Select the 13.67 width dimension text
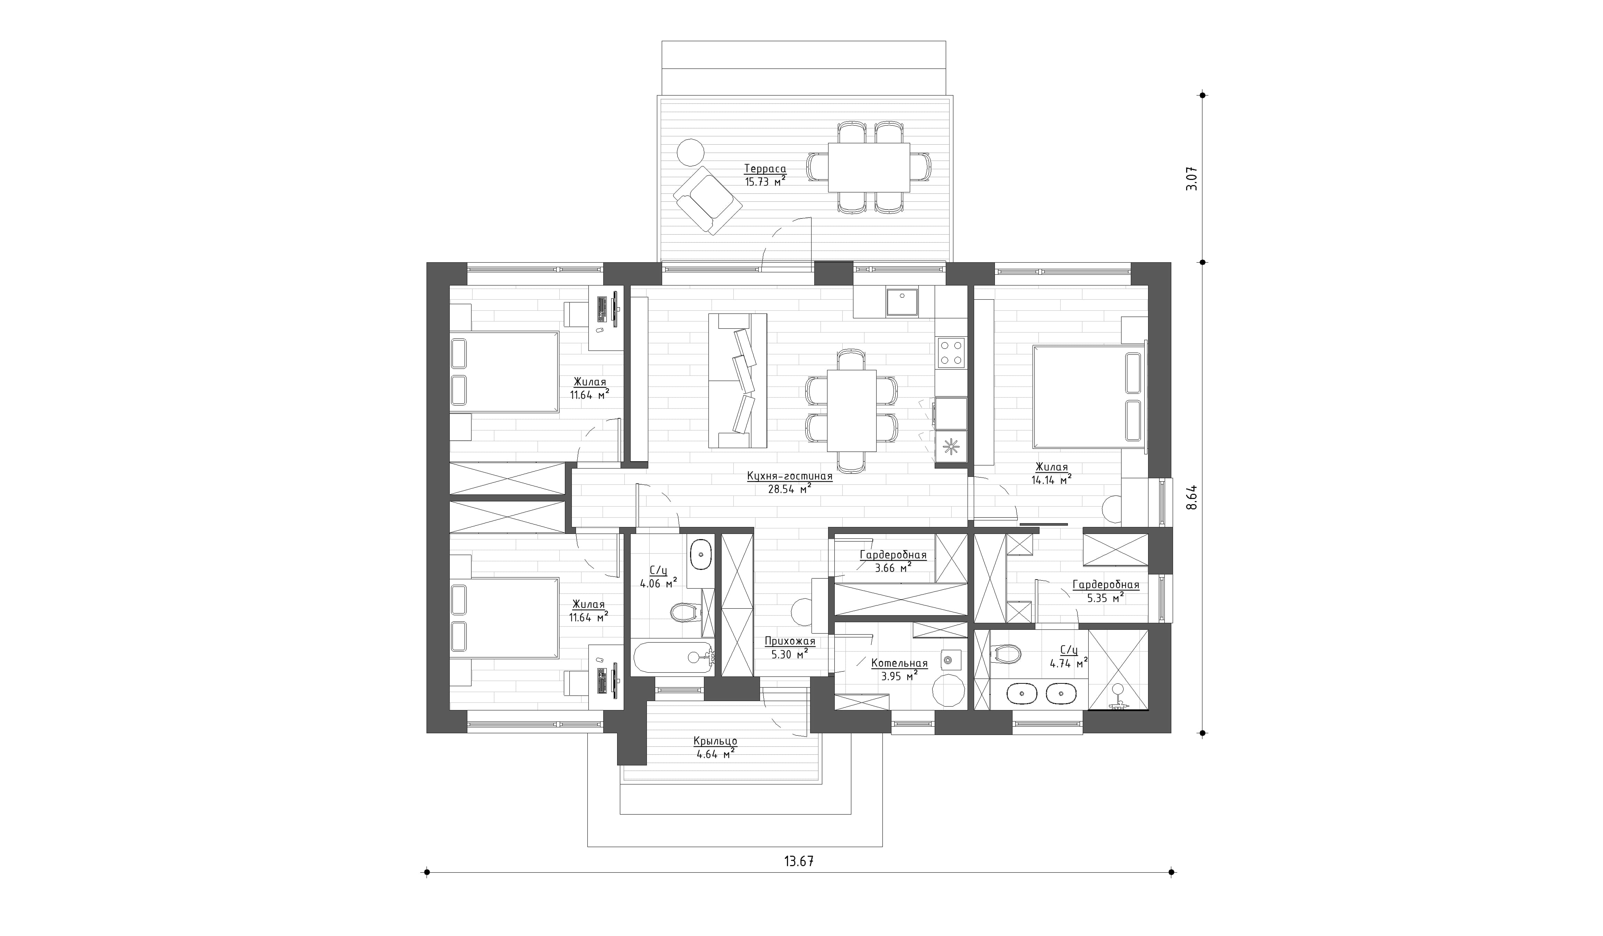click(x=799, y=862)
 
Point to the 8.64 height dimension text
click(x=1191, y=497)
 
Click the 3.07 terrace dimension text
click(x=1191, y=179)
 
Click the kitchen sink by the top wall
click(x=901, y=302)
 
